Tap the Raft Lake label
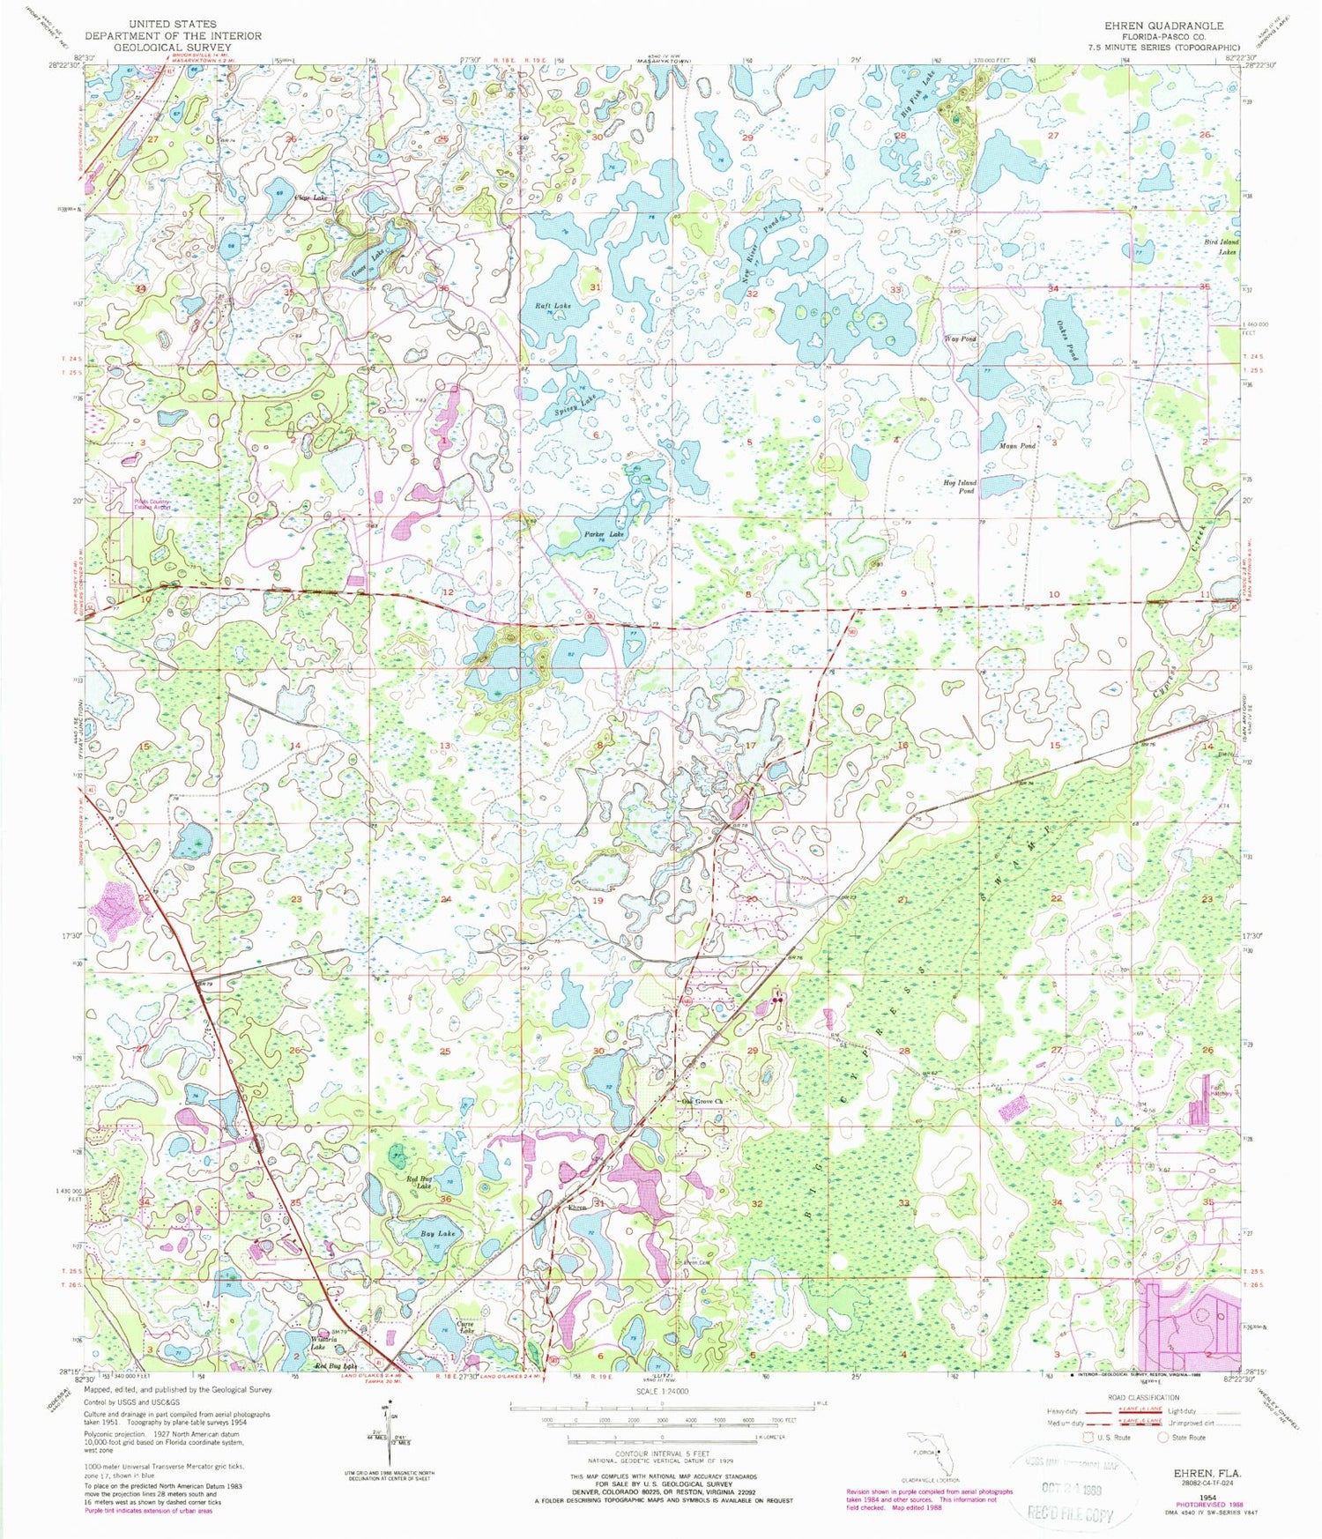pyautogui.click(x=553, y=306)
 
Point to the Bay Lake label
pyautogui.click(x=439, y=1234)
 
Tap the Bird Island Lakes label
pyautogui.click(x=1221, y=246)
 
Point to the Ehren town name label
pyautogui.click(x=576, y=1207)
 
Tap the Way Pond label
pyautogui.click(x=960, y=338)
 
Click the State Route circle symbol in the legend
pyautogui.click(x=1163, y=1438)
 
